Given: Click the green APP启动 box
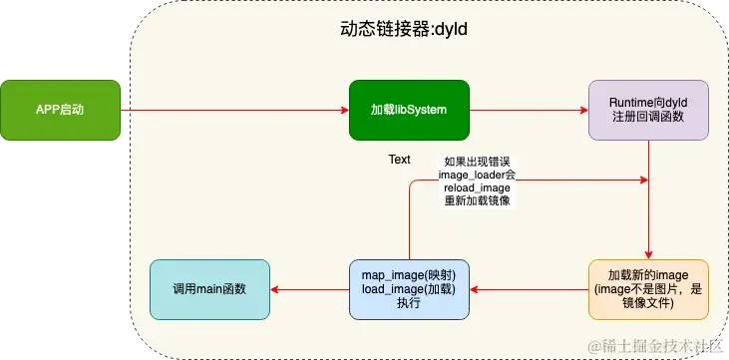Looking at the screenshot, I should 60,109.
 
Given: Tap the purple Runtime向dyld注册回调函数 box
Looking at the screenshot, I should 648,109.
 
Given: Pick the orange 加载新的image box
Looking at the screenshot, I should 649,289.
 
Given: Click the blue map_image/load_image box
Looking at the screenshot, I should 409,289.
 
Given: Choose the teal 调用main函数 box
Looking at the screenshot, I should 209,289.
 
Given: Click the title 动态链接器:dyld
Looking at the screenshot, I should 404,30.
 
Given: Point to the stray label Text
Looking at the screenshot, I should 399,160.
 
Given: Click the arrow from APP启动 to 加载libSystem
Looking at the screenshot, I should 234,109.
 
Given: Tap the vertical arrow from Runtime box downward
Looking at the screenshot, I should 649,199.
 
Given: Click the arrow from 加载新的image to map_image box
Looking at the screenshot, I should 529,289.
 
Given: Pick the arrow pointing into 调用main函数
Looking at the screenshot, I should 309,289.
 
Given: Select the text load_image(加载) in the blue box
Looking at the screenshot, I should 409,289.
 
